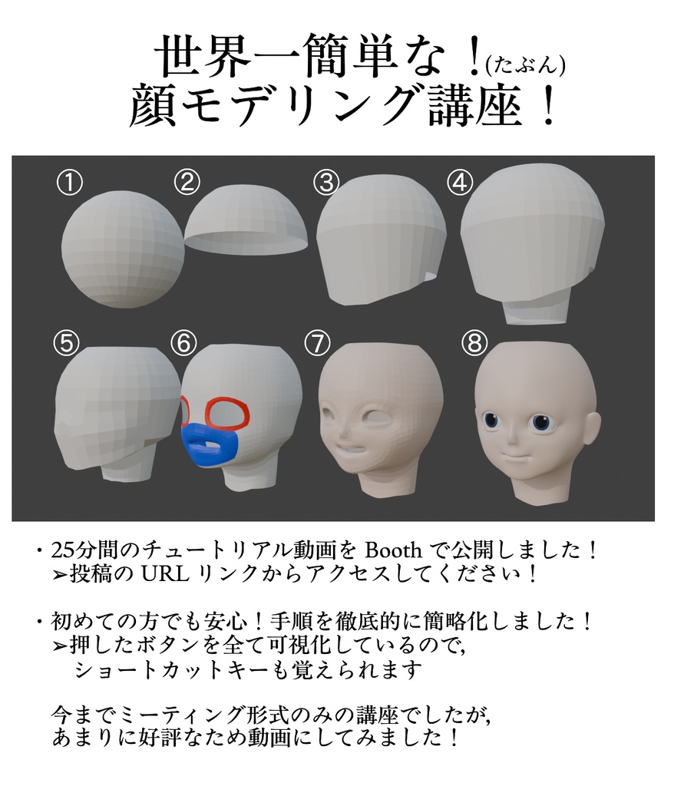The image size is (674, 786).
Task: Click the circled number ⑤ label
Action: tap(67, 343)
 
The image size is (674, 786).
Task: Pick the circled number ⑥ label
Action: tap(183, 343)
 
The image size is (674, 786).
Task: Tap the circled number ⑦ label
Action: tap(317, 343)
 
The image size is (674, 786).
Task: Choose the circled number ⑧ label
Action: tap(475, 343)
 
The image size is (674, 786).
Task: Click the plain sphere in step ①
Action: tap(123, 249)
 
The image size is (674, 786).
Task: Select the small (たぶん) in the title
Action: tap(525, 66)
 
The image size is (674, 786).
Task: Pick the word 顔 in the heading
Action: tap(154, 107)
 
